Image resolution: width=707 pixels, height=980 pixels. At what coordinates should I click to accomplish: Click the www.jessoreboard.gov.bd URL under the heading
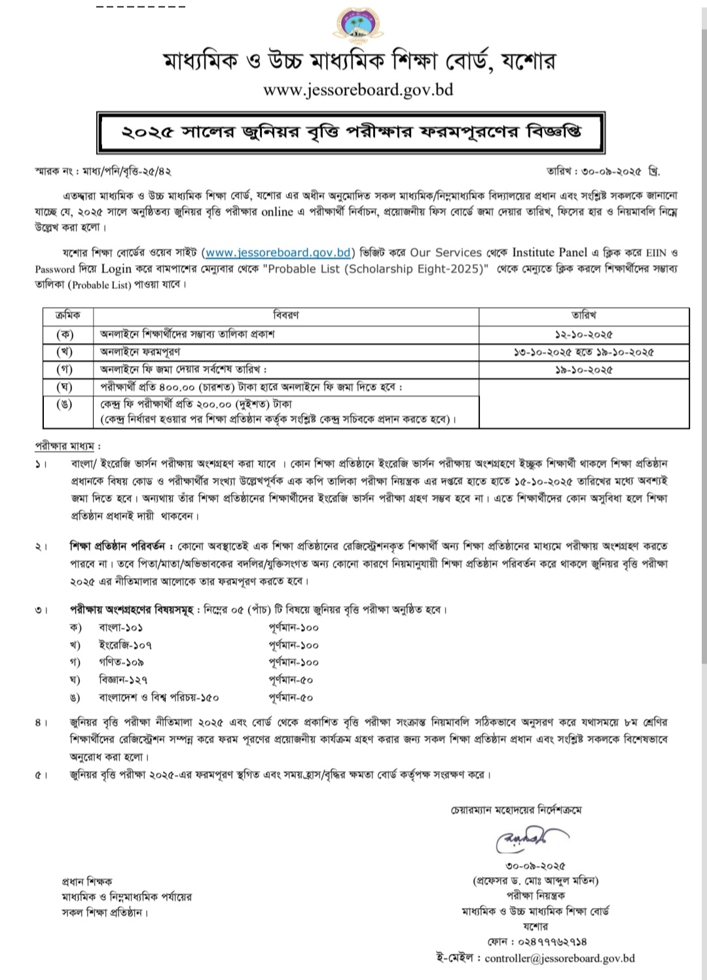(358, 90)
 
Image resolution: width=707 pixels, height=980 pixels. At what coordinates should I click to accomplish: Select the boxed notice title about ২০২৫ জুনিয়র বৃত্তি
(351, 132)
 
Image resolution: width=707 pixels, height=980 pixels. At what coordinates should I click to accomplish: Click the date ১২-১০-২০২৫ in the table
(583, 334)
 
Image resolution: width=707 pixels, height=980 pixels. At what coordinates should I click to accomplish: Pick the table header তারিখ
(583, 316)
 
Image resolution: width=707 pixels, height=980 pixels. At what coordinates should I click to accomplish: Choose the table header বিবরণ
(286, 316)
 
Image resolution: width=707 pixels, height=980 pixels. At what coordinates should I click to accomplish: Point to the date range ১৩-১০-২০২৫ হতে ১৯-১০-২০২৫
(583, 352)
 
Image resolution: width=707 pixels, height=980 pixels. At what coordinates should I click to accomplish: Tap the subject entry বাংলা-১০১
(121, 627)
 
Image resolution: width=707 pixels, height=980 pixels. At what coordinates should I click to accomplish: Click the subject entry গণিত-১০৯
(121, 662)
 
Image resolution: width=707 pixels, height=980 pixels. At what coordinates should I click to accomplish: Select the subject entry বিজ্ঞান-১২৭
(123, 680)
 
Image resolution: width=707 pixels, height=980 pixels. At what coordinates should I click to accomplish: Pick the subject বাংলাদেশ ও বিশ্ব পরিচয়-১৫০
(158, 697)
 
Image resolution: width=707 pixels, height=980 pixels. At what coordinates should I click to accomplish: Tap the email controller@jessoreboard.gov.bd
(560, 958)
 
